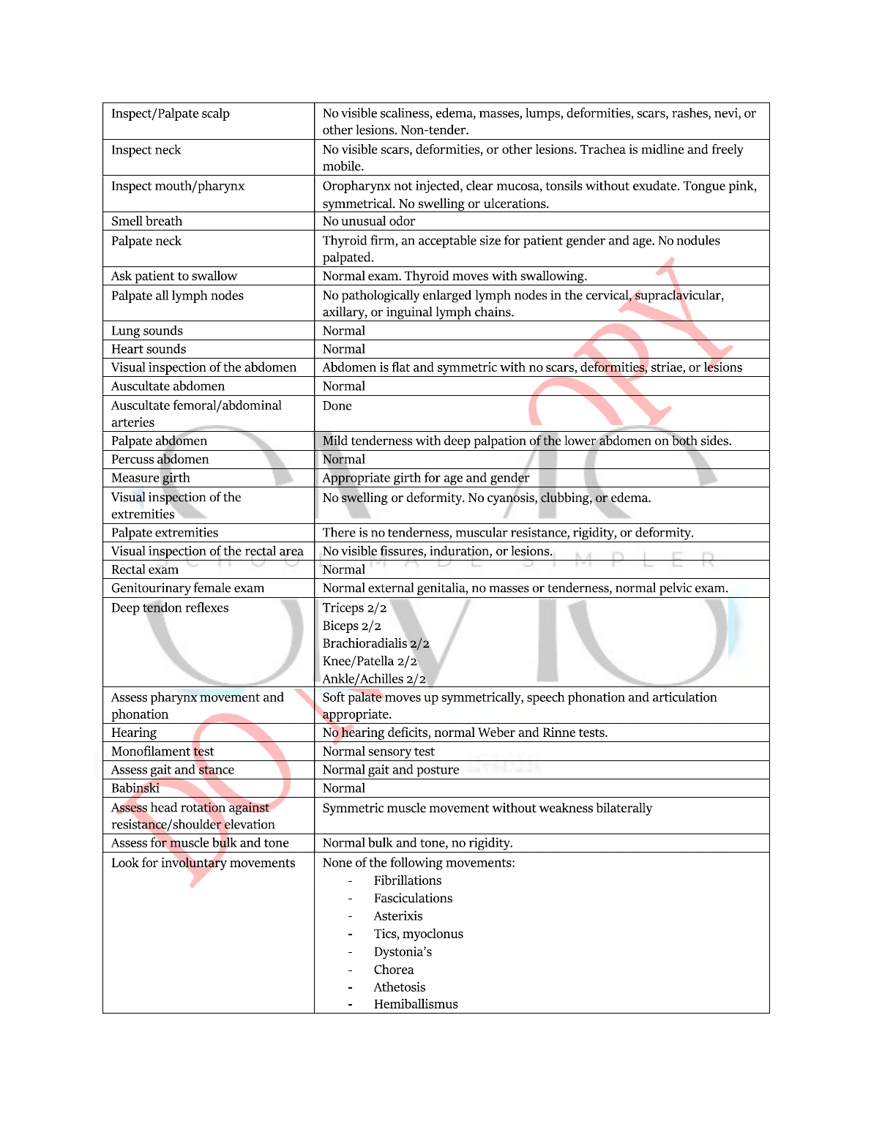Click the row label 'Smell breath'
146,221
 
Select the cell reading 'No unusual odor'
368,221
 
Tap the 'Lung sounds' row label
147,331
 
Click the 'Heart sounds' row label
149,349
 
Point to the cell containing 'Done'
337,405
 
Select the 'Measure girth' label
150,478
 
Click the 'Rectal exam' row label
145,569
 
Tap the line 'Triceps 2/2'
354,608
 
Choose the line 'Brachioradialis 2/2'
375,643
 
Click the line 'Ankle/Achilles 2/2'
374,679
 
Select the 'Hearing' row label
134,733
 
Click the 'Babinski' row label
135,788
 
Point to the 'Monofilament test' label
162,752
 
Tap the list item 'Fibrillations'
408,880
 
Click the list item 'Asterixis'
398,916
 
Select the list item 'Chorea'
394,970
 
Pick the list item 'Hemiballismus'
416,1004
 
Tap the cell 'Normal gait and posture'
391,770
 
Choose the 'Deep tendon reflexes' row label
170,608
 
